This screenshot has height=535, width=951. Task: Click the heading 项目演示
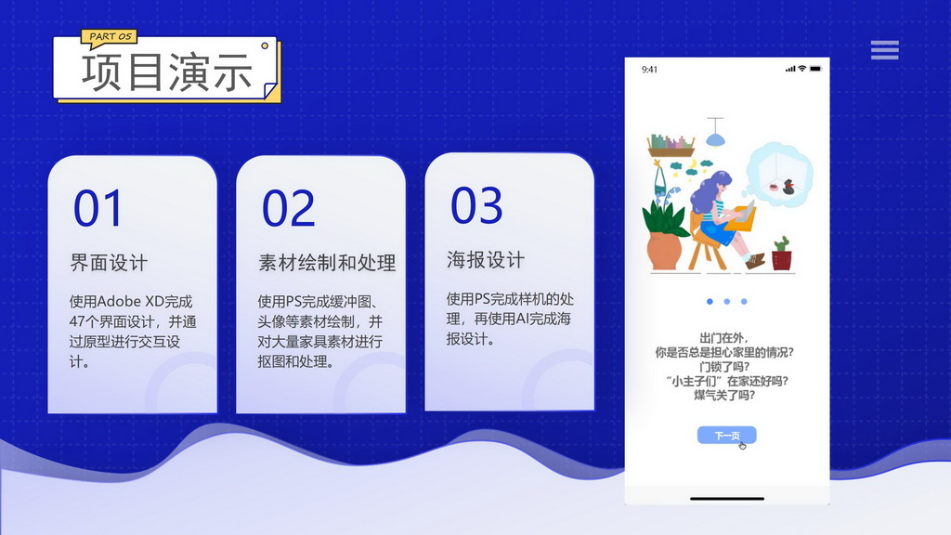(167, 72)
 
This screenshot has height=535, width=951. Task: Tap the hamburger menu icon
(884, 50)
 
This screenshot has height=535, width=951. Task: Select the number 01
(98, 209)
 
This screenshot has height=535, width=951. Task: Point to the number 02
(288, 209)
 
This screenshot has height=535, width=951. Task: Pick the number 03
(476, 205)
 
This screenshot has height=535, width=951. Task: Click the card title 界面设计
(109, 263)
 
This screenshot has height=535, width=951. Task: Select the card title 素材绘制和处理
(327, 263)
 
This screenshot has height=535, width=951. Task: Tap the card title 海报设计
(485, 260)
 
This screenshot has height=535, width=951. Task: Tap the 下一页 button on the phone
(726, 436)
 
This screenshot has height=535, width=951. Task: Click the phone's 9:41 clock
(650, 69)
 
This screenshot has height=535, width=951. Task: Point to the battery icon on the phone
(815, 69)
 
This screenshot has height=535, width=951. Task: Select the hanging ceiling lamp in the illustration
(714, 137)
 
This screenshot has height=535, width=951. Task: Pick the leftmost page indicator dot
(710, 302)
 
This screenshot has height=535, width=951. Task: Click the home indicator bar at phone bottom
(726, 497)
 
